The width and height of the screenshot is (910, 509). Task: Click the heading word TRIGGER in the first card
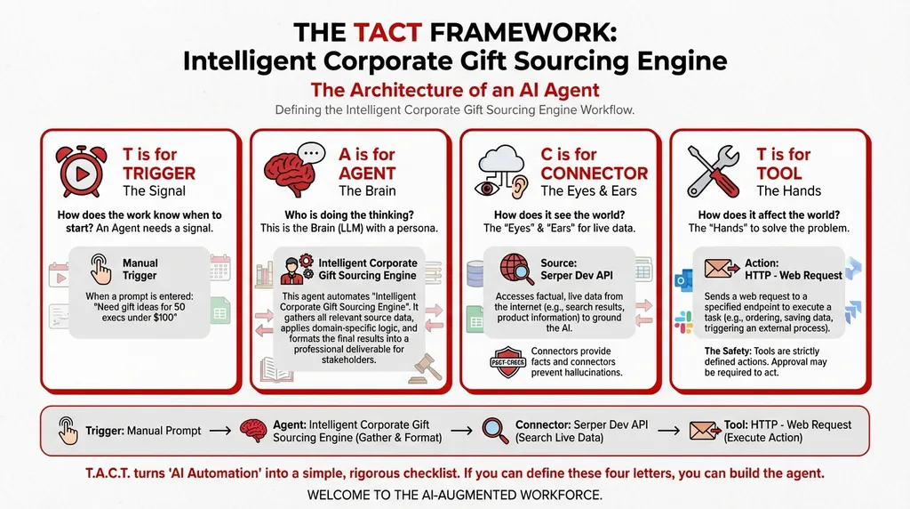(x=159, y=173)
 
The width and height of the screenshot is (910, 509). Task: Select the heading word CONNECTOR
(x=594, y=173)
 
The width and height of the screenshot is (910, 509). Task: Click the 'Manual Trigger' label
(x=140, y=269)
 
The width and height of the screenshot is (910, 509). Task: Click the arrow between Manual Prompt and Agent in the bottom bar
(x=220, y=431)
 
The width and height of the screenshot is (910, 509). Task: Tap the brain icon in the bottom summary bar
(x=253, y=431)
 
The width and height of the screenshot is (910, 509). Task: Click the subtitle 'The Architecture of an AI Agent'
(x=454, y=90)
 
